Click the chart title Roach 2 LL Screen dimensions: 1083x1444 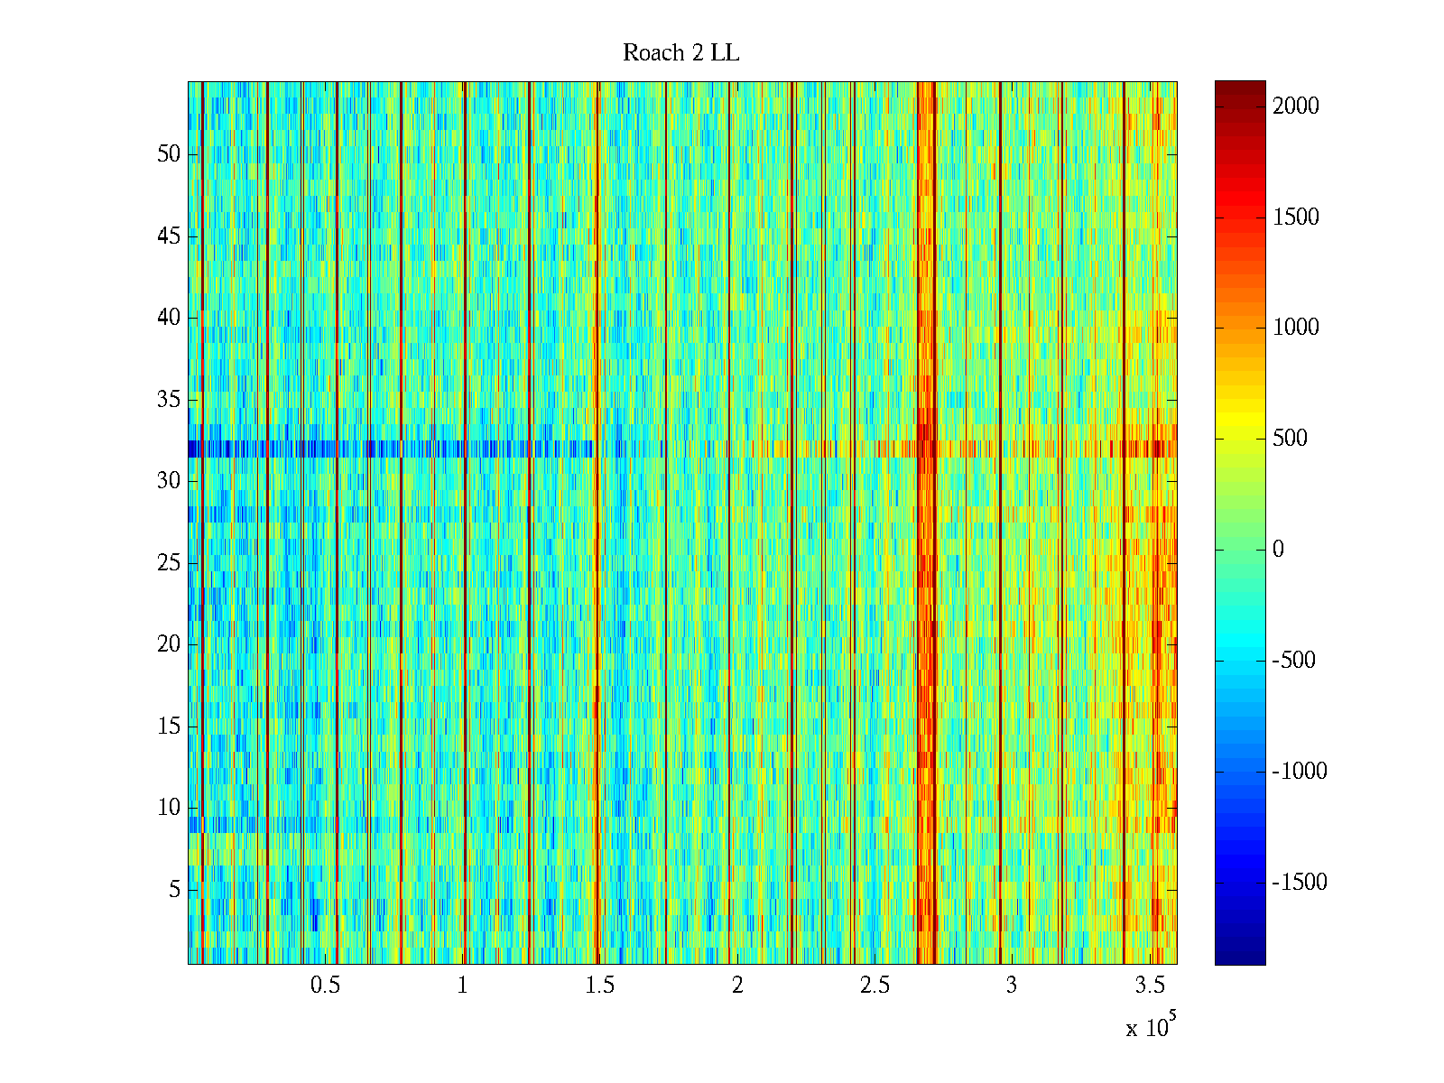(680, 53)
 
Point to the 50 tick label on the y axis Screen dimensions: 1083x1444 (169, 154)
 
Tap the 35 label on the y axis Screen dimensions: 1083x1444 (169, 400)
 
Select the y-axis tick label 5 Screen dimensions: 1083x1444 (174, 890)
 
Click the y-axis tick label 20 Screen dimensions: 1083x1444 (169, 644)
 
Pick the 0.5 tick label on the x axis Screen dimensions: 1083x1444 (325, 986)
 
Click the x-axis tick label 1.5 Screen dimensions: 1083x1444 (599, 986)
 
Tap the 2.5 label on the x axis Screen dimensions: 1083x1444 (874, 986)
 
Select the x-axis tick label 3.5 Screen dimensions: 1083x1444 (1149, 986)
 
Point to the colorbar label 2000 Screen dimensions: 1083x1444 (1296, 106)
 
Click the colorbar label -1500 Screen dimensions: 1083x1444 (1300, 883)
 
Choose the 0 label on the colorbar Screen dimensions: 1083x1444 (1278, 550)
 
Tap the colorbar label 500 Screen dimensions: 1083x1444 (1290, 439)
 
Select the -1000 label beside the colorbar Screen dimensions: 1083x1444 (1300, 772)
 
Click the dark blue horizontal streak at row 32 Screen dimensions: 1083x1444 (361, 449)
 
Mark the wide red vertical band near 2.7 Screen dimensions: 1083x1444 (925, 541)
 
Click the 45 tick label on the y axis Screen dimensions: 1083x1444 (169, 236)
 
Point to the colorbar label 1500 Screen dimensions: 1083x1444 (1296, 218)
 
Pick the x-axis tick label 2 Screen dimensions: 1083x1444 (737, 986)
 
